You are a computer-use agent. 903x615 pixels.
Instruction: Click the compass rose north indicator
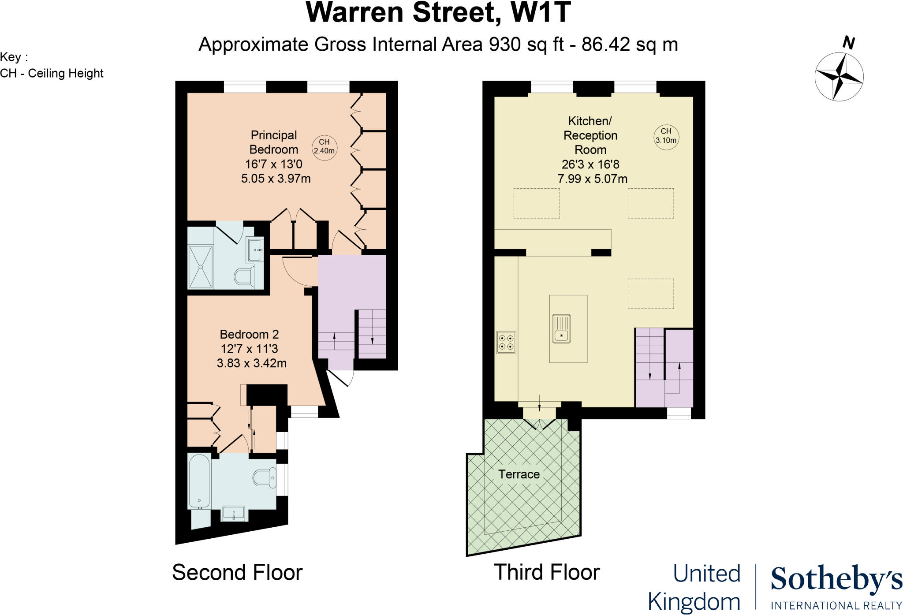pyautogui.click(x=839, y=76)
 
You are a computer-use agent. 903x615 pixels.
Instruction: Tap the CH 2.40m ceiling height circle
pyautogui.click(x=325, y=147)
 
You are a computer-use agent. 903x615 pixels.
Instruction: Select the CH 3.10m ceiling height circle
pyautogui.click(x=666, y=136)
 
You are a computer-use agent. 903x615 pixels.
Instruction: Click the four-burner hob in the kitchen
pyautogui.click(x=506, y=343)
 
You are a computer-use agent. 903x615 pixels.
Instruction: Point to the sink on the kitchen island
pyautogui.click(x=561, y=329)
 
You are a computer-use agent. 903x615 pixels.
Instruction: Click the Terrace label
pyautogui.click(x=519, y=474)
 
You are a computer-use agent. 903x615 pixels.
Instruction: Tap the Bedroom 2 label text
pyautogui.click(x=249, y=334)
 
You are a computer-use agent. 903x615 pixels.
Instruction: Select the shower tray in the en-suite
pyautogui.click(x=201, y=267)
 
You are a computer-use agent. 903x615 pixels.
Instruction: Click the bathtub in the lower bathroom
pyautogui.click(x=199, y=481)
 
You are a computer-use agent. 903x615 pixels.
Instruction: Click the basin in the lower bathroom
pyautogui.click(x=233, y=513)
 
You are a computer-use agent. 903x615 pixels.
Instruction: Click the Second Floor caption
pyautogui.click(x=237, y=572)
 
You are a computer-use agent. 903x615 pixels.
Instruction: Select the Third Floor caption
pyautogui.click(x=546, y=572)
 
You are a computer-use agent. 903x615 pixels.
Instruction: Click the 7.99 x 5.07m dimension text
pyautogui.click(x=592, y=179)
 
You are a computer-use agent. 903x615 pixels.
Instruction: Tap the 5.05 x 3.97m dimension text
pyautogui.click(x=276, y=179)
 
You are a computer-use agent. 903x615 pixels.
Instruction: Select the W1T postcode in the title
pyautogui.click(x=541, y=12)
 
